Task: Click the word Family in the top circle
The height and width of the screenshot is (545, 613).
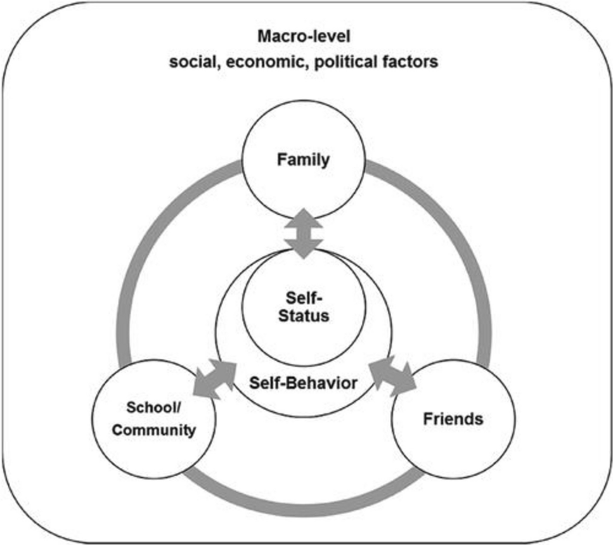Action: click(303, 160)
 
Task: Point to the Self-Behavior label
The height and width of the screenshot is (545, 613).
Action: click(304, 383)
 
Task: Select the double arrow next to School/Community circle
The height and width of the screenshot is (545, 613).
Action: click(214, 378)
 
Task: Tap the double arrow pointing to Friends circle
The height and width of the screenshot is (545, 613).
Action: click(393, 375)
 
